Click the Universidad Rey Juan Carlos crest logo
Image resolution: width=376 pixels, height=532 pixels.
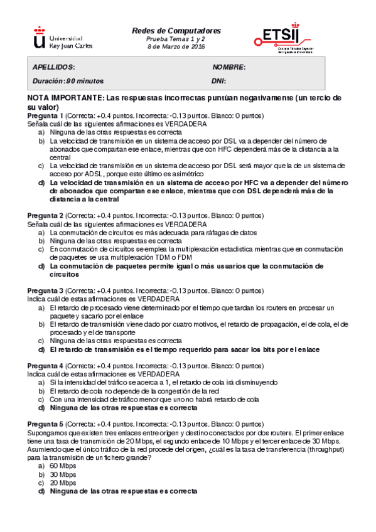(x=39, y=38)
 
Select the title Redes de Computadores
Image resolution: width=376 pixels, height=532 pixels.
(x=176, y=30)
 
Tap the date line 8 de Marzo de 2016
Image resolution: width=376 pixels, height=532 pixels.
(x=176, y=46)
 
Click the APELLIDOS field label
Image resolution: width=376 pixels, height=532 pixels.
(x=53, y=68)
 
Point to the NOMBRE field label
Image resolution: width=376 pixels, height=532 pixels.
(x=228, y=68)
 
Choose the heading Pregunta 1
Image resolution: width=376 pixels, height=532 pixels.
(x=46, y=116)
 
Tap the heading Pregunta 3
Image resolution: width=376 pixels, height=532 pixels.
(x=46, y=291)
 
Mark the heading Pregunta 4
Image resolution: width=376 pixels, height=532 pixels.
(x=46, y=366)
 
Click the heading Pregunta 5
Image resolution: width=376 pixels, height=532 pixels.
(x=46, y=424)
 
